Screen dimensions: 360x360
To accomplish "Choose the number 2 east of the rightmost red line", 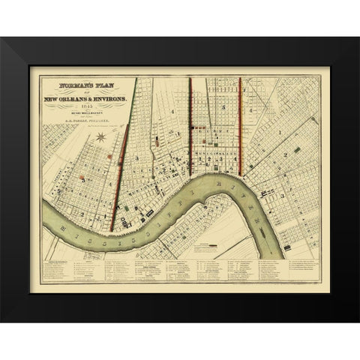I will click(x=286, y=154).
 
